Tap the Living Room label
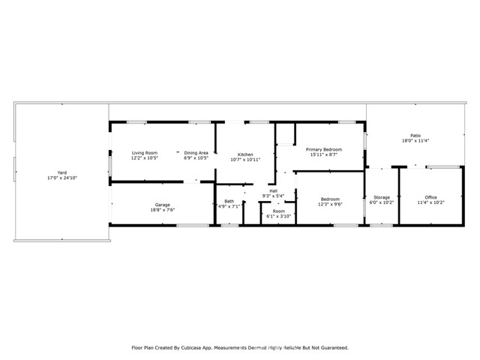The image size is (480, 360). point(144,152)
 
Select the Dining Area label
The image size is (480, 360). point(196,152)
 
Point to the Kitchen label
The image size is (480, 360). point(246,154)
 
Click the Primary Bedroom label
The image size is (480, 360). point(324,149)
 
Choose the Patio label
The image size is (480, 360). point(414,136)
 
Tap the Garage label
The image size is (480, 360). point(163,205)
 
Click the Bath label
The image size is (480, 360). point(229,201)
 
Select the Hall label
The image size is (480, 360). point(274,190)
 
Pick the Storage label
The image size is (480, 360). point(382,197)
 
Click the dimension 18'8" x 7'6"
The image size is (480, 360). point(163,210)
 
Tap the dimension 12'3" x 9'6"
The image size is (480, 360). point(330,204)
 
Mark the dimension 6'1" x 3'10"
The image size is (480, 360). point(279,216)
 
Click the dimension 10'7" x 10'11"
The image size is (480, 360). point(246,160)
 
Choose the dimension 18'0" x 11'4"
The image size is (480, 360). point(414,141)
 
